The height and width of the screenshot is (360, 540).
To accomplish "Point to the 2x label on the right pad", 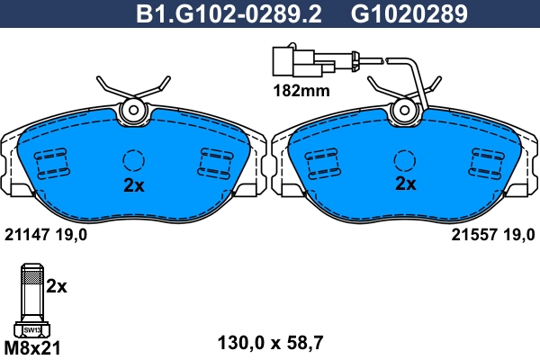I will (x=406, y=184).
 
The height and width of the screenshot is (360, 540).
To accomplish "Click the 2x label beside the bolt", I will (x=57, y=286).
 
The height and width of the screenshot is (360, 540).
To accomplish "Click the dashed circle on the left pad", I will (x=133, y=160).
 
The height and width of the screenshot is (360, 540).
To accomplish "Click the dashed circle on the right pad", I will (x=405, y=160).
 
